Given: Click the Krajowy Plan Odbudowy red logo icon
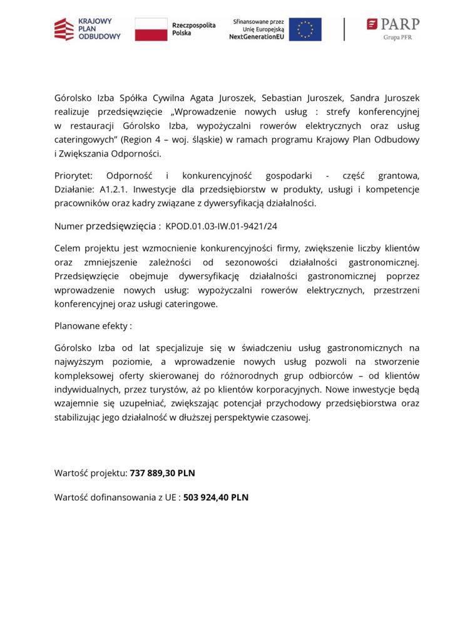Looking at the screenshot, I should [x=64, y=29].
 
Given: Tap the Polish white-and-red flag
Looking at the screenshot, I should [x=151, y=29].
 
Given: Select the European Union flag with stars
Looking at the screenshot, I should [x=305, y=29].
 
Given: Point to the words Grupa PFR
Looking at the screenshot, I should [x=397, y=38].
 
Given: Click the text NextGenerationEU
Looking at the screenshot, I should [x=257, y=37].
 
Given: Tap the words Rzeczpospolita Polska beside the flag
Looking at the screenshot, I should [x=193, y=29].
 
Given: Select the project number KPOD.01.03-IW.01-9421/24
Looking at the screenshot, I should [x=221, y=225].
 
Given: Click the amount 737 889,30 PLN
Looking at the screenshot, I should [x=162, y=473].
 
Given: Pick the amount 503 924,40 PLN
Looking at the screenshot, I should [x=215, y=498].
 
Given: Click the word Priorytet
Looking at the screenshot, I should [x=73, y=176].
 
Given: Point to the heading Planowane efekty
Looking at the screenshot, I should [x=93, y=326].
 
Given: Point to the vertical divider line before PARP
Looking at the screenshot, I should [x=344, y=29].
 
